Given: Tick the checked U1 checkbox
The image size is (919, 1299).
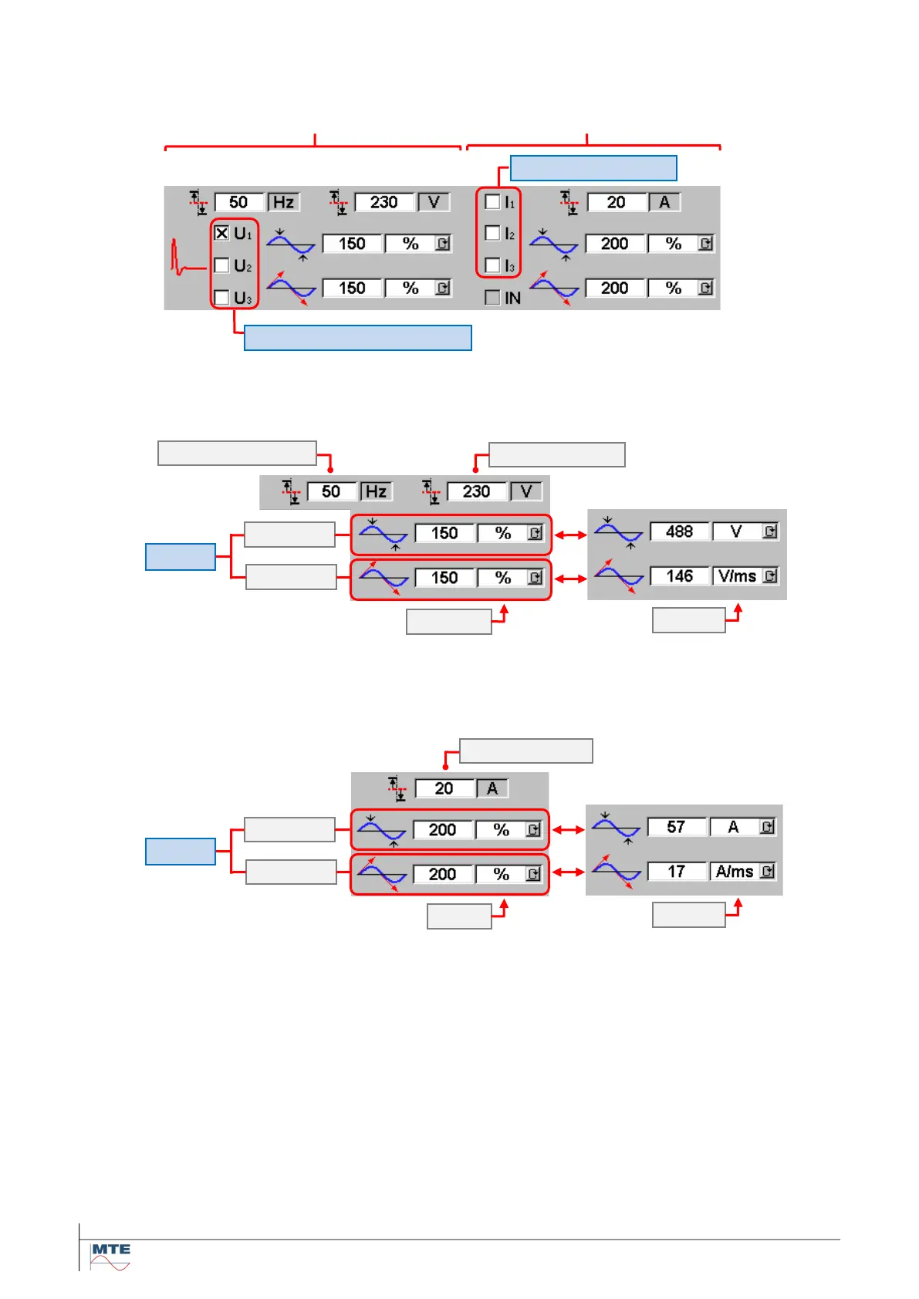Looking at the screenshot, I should point(221,233).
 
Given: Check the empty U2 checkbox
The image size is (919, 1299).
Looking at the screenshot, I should point(221,265).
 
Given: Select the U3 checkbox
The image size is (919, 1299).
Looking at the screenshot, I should point(221,297).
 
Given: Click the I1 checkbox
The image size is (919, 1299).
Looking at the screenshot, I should point(492,202).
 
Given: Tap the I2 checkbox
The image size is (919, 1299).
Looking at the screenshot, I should point(492,233).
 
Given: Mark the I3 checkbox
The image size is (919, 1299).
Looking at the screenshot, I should point(492,265).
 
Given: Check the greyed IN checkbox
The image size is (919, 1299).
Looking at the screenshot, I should point(492,298).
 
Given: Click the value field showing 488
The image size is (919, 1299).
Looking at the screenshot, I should point(679,531).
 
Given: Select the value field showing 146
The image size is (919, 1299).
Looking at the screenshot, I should point(679,576).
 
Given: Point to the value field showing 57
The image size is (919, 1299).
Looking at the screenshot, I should point(676,827).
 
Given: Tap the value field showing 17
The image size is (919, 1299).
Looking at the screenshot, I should point(676,872).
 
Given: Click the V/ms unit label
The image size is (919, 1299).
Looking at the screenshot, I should point(736,576).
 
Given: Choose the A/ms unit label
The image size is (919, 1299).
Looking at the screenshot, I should point(734,872).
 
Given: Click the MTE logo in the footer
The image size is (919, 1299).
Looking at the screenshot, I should point(110,1256).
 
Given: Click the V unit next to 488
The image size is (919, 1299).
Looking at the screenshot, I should point(736,531).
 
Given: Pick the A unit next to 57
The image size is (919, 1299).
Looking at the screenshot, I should point(733,827).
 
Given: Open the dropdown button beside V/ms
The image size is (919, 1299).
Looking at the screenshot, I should point(770,576).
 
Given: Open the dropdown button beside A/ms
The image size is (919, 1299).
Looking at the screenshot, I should point(768,872).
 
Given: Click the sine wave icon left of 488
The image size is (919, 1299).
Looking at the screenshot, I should point(618,532).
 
